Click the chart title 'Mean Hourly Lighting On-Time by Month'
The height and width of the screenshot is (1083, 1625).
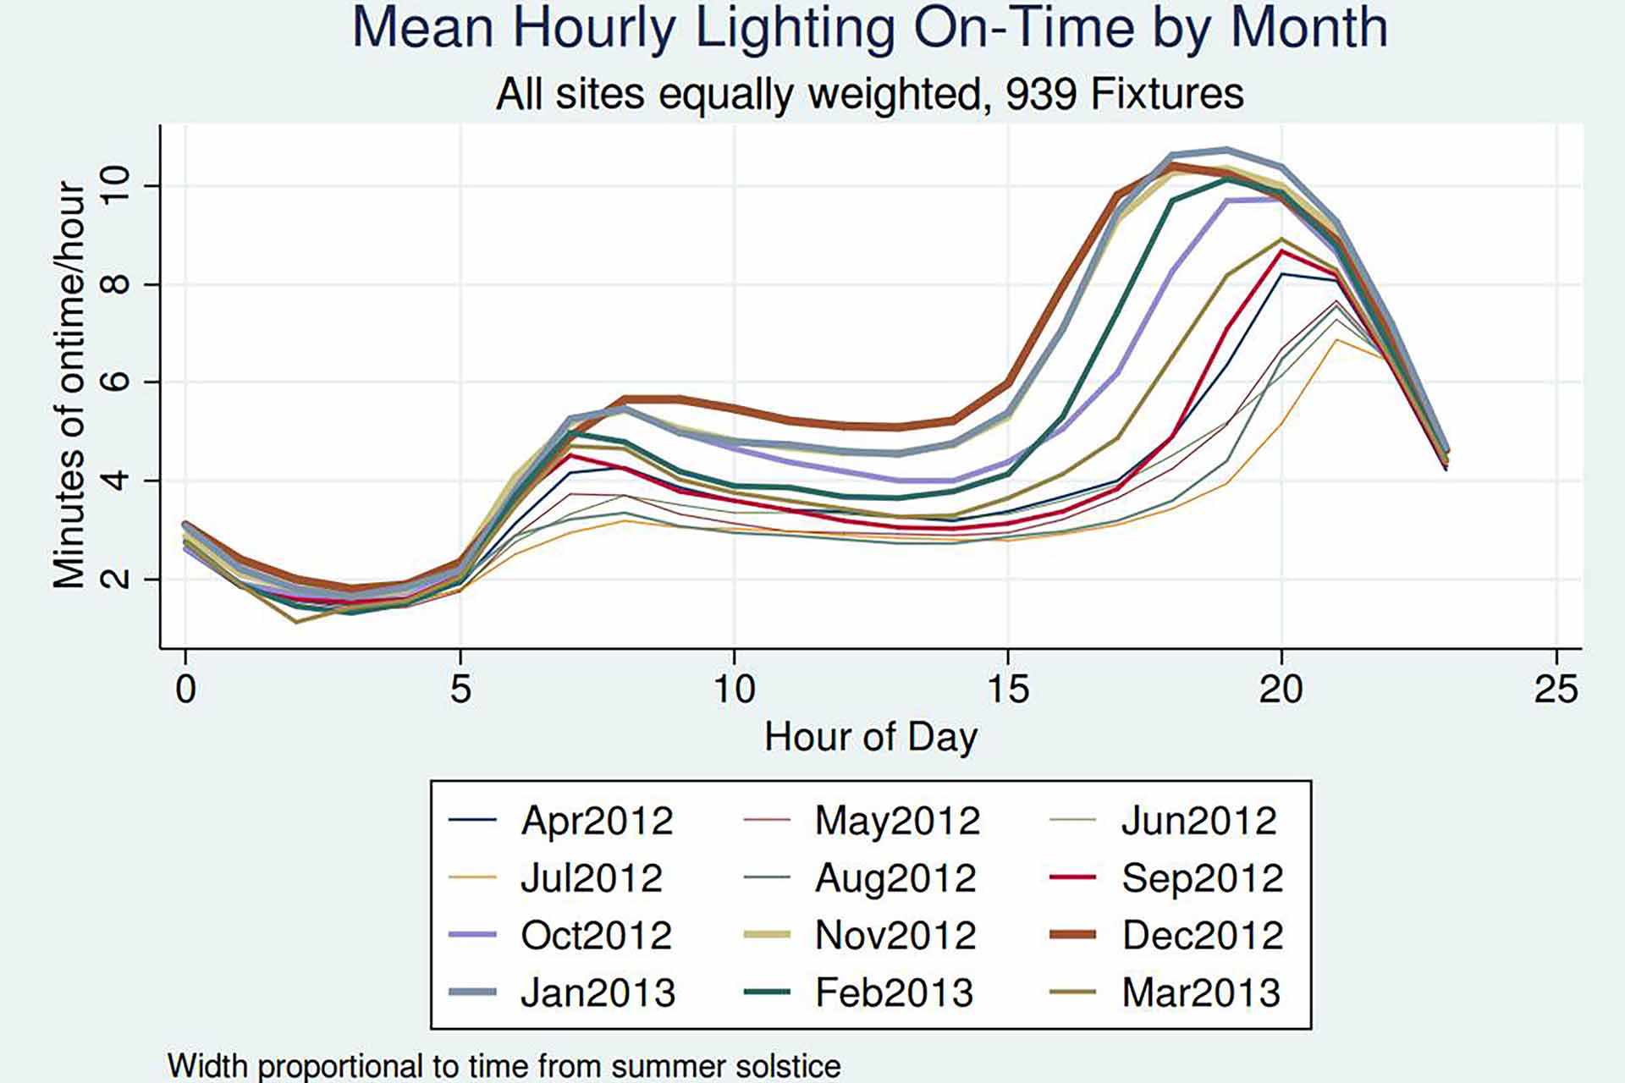tap(869, 28)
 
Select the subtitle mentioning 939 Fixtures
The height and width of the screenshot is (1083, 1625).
tap(869, 93)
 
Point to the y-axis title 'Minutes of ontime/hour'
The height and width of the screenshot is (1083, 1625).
tap(69, 385)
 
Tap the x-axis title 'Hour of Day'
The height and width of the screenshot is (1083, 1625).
tap(871, 737)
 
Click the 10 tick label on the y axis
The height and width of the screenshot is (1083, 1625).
tap(117, 185)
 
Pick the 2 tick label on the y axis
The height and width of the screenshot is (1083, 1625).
tap(117, 579)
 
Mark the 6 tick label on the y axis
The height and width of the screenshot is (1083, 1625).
tap(117, 382)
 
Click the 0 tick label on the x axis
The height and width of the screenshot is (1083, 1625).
tap(185, 690)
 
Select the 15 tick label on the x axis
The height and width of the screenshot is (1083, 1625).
tap(1008, 690)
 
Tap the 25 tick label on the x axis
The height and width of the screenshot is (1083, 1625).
tap(1556, 690)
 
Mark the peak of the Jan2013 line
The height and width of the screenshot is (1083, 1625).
tap(1227, 151)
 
